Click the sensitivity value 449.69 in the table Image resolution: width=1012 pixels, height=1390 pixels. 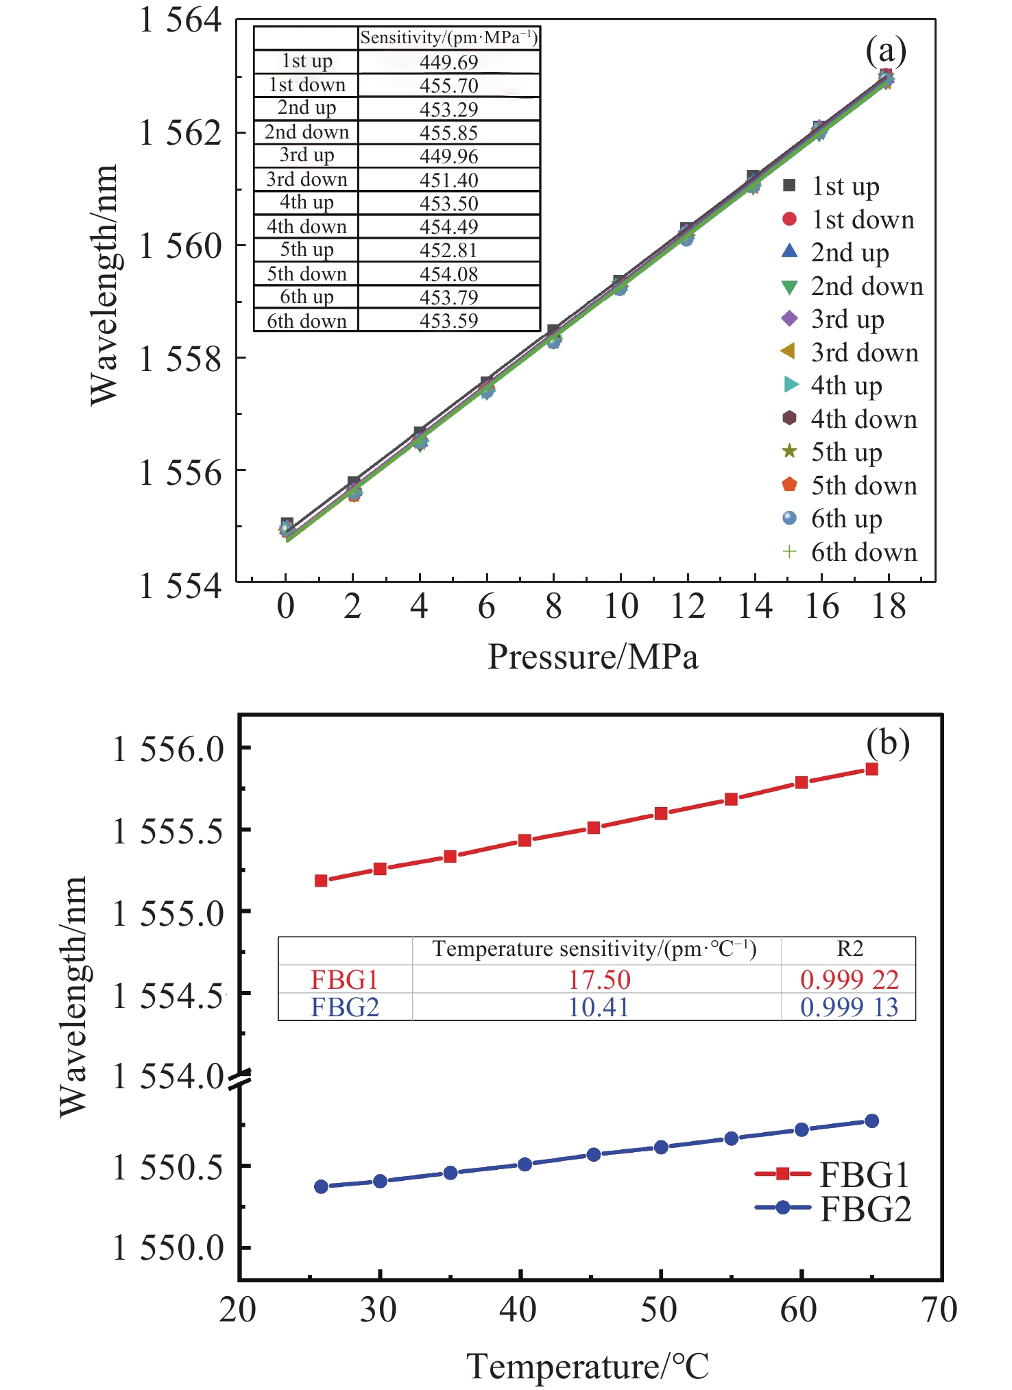click(448, 62)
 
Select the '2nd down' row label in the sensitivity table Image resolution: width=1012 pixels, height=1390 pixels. click(306, 132)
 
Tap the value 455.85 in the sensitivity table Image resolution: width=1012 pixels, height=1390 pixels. click(448, 132)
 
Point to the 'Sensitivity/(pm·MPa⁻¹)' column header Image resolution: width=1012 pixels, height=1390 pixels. click(449, 38)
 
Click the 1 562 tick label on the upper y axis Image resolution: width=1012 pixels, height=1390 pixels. click(180, 132)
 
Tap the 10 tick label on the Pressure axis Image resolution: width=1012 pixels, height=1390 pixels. click(621, 606)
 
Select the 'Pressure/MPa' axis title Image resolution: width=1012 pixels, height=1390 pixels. click(592, 657)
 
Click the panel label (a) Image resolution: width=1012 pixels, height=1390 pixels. click(886, 51)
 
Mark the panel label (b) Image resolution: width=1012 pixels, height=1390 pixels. click(887, 743)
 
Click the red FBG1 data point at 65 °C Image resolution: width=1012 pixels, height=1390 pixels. click(871, 769)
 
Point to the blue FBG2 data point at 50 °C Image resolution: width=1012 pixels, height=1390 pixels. click(661, 1147)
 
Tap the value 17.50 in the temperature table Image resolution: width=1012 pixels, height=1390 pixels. click(599, 979)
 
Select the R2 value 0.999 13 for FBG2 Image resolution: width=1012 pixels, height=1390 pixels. click(849, 1007)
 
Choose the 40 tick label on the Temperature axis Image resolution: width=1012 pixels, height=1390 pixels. click(518, 1310)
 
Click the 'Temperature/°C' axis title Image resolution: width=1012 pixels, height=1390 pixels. click(588, 1367)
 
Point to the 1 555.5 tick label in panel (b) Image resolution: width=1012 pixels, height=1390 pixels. click(168, 832)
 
